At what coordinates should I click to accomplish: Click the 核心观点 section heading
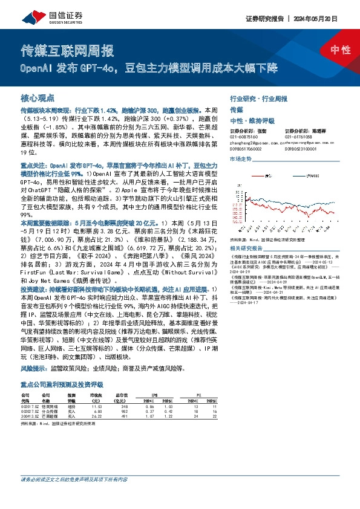tap(38, 97)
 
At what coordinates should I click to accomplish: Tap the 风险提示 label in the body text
tap(34, 367)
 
